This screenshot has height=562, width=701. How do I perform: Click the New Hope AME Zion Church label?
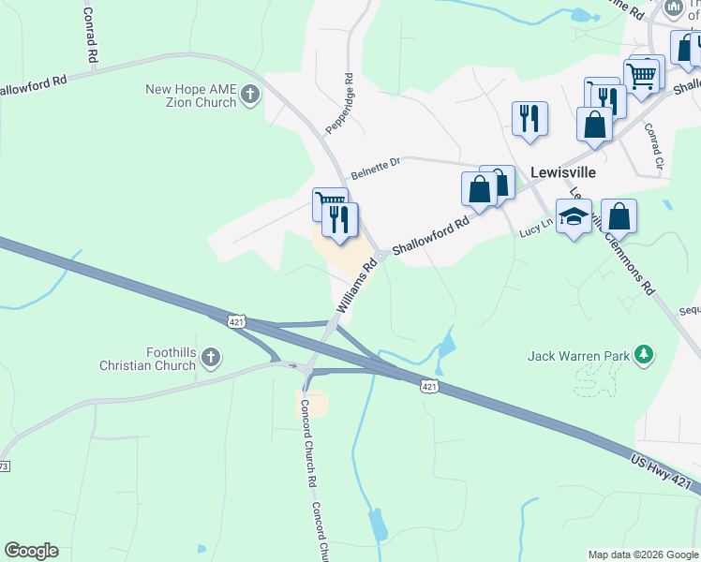[x=190, y=96]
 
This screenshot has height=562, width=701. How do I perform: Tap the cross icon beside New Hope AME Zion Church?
[x=249, y=95]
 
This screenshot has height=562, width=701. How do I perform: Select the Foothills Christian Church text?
[x=157, y=359]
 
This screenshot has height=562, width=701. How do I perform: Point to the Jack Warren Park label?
[x=576, y=356]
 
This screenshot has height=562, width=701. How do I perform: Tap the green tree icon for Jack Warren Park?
[x=643, y=354]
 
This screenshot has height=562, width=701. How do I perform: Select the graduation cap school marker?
[x=574, y=216]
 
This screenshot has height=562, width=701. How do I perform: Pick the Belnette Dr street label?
[x=375, y=169]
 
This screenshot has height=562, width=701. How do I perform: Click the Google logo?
[x=31, y=551]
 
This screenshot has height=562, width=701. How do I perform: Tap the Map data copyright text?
[x=642, y=555]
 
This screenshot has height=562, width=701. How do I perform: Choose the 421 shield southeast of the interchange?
[x=428, y=386]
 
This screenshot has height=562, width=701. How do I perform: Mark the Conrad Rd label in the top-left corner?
[x=91, y=35]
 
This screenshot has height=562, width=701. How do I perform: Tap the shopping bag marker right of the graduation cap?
[x=619, y=216]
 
